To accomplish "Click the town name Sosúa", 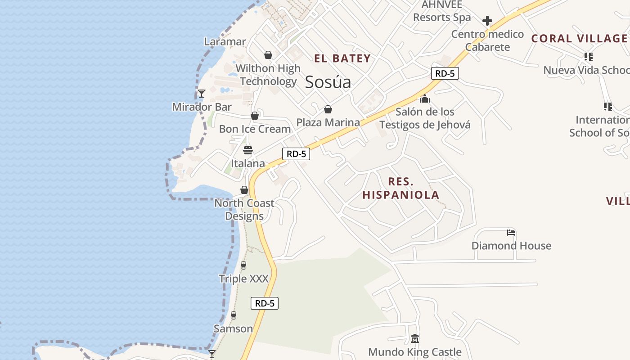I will [328, 82].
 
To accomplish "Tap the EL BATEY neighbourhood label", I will [342, 58].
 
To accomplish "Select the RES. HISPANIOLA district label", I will [400, 189].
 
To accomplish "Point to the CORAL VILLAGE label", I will [579, 39].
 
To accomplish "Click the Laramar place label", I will [225, 42].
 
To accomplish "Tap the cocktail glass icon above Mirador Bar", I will [202, 94].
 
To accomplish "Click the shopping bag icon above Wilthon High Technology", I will [268, 55].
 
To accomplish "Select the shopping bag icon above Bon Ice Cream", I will [255, 116].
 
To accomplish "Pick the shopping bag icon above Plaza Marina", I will [328, 109].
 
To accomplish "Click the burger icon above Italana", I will [248, 150].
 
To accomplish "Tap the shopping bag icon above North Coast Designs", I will [244, 190].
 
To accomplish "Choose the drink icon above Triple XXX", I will [243, 265].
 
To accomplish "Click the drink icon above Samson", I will [233, 315].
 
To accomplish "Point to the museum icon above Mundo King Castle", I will [415, 338].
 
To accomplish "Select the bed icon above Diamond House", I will [511, 233].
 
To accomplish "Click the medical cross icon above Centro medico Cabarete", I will [487, 21].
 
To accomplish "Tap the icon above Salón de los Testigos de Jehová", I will [425, 99].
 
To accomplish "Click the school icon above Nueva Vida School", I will [588, 57].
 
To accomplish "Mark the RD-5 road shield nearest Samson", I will [265, 303].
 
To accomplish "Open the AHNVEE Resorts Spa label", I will [442, 11].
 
